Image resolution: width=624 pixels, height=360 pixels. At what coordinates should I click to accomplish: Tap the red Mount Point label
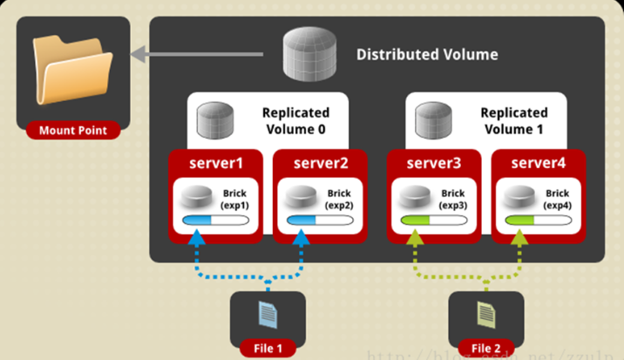coord(73,131)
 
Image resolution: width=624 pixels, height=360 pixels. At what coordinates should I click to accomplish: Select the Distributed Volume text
coord(427,54)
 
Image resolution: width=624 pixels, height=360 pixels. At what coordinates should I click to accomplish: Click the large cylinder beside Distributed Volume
coord(310,55)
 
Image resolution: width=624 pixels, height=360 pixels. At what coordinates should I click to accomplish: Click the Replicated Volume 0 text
coord(295,121)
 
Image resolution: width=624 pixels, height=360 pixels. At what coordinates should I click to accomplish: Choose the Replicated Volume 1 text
coord(514,121)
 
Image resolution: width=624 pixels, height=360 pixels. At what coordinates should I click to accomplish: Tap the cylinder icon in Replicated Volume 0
coord(214,120)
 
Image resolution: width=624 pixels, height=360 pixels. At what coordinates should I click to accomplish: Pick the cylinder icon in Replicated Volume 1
coord(432,120)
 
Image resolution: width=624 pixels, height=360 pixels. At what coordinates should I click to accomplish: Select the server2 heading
coord(321,162)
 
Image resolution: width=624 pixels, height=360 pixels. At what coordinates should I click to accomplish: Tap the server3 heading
coord(431,162)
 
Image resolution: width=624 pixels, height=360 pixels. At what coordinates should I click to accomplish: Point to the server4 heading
coord(539,162)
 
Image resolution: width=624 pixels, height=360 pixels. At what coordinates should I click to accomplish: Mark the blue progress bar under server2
coord(320,221)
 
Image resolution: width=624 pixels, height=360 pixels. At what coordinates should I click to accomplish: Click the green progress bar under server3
coord(429,221)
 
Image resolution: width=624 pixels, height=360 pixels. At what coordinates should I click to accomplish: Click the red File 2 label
coord(486,349)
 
